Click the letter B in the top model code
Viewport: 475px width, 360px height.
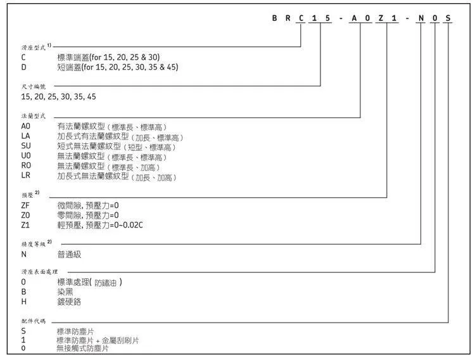pos(274,19)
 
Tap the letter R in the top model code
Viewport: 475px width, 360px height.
pos(288,19)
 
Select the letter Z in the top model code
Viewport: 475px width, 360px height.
pos(381,19)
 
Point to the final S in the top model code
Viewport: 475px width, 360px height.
pos(448,19)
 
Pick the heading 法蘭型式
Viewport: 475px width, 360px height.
pos(34,117)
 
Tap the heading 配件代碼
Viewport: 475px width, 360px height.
pos(34,321)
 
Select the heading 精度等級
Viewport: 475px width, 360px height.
pos(34,243)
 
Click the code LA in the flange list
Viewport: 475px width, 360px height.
pos(26,136)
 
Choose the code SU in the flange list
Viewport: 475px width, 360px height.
pos(26,146)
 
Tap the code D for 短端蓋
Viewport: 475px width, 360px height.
pos(23,67)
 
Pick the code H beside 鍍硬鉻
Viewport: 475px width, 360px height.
pos(23,302)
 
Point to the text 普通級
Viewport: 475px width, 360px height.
pos(69,254)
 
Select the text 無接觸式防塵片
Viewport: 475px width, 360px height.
pos(82,349)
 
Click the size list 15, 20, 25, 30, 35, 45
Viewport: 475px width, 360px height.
pos(58,96)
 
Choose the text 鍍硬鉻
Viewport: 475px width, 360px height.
pos(69,302)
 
